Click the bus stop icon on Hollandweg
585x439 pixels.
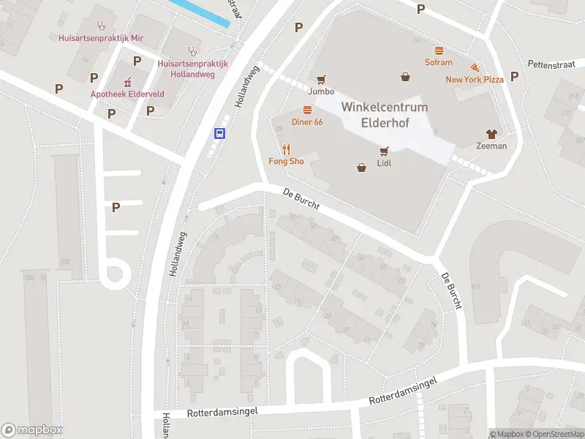click(219, 133)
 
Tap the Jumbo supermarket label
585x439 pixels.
click(321, 91)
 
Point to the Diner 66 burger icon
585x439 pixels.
click(307, 110)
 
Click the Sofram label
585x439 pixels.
click(439, 62)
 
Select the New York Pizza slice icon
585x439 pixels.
click(475, 67)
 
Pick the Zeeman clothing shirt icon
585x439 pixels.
click(491, 134)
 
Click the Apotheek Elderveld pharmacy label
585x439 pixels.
click(127, 94)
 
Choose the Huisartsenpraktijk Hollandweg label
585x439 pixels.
click(192, 69)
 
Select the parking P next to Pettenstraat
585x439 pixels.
click(514, 76)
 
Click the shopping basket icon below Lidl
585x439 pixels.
click(361, 168)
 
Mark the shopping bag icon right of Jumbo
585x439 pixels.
click(405, 76)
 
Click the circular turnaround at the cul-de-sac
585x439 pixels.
click(114, 275)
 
